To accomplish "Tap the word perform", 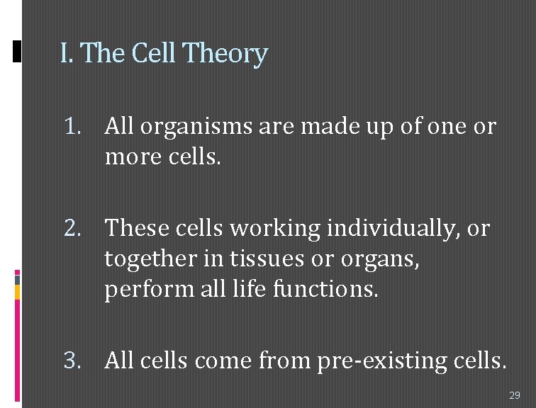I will point(143,290).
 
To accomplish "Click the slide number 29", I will point(515,395).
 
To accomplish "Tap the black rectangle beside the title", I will point(18,52).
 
